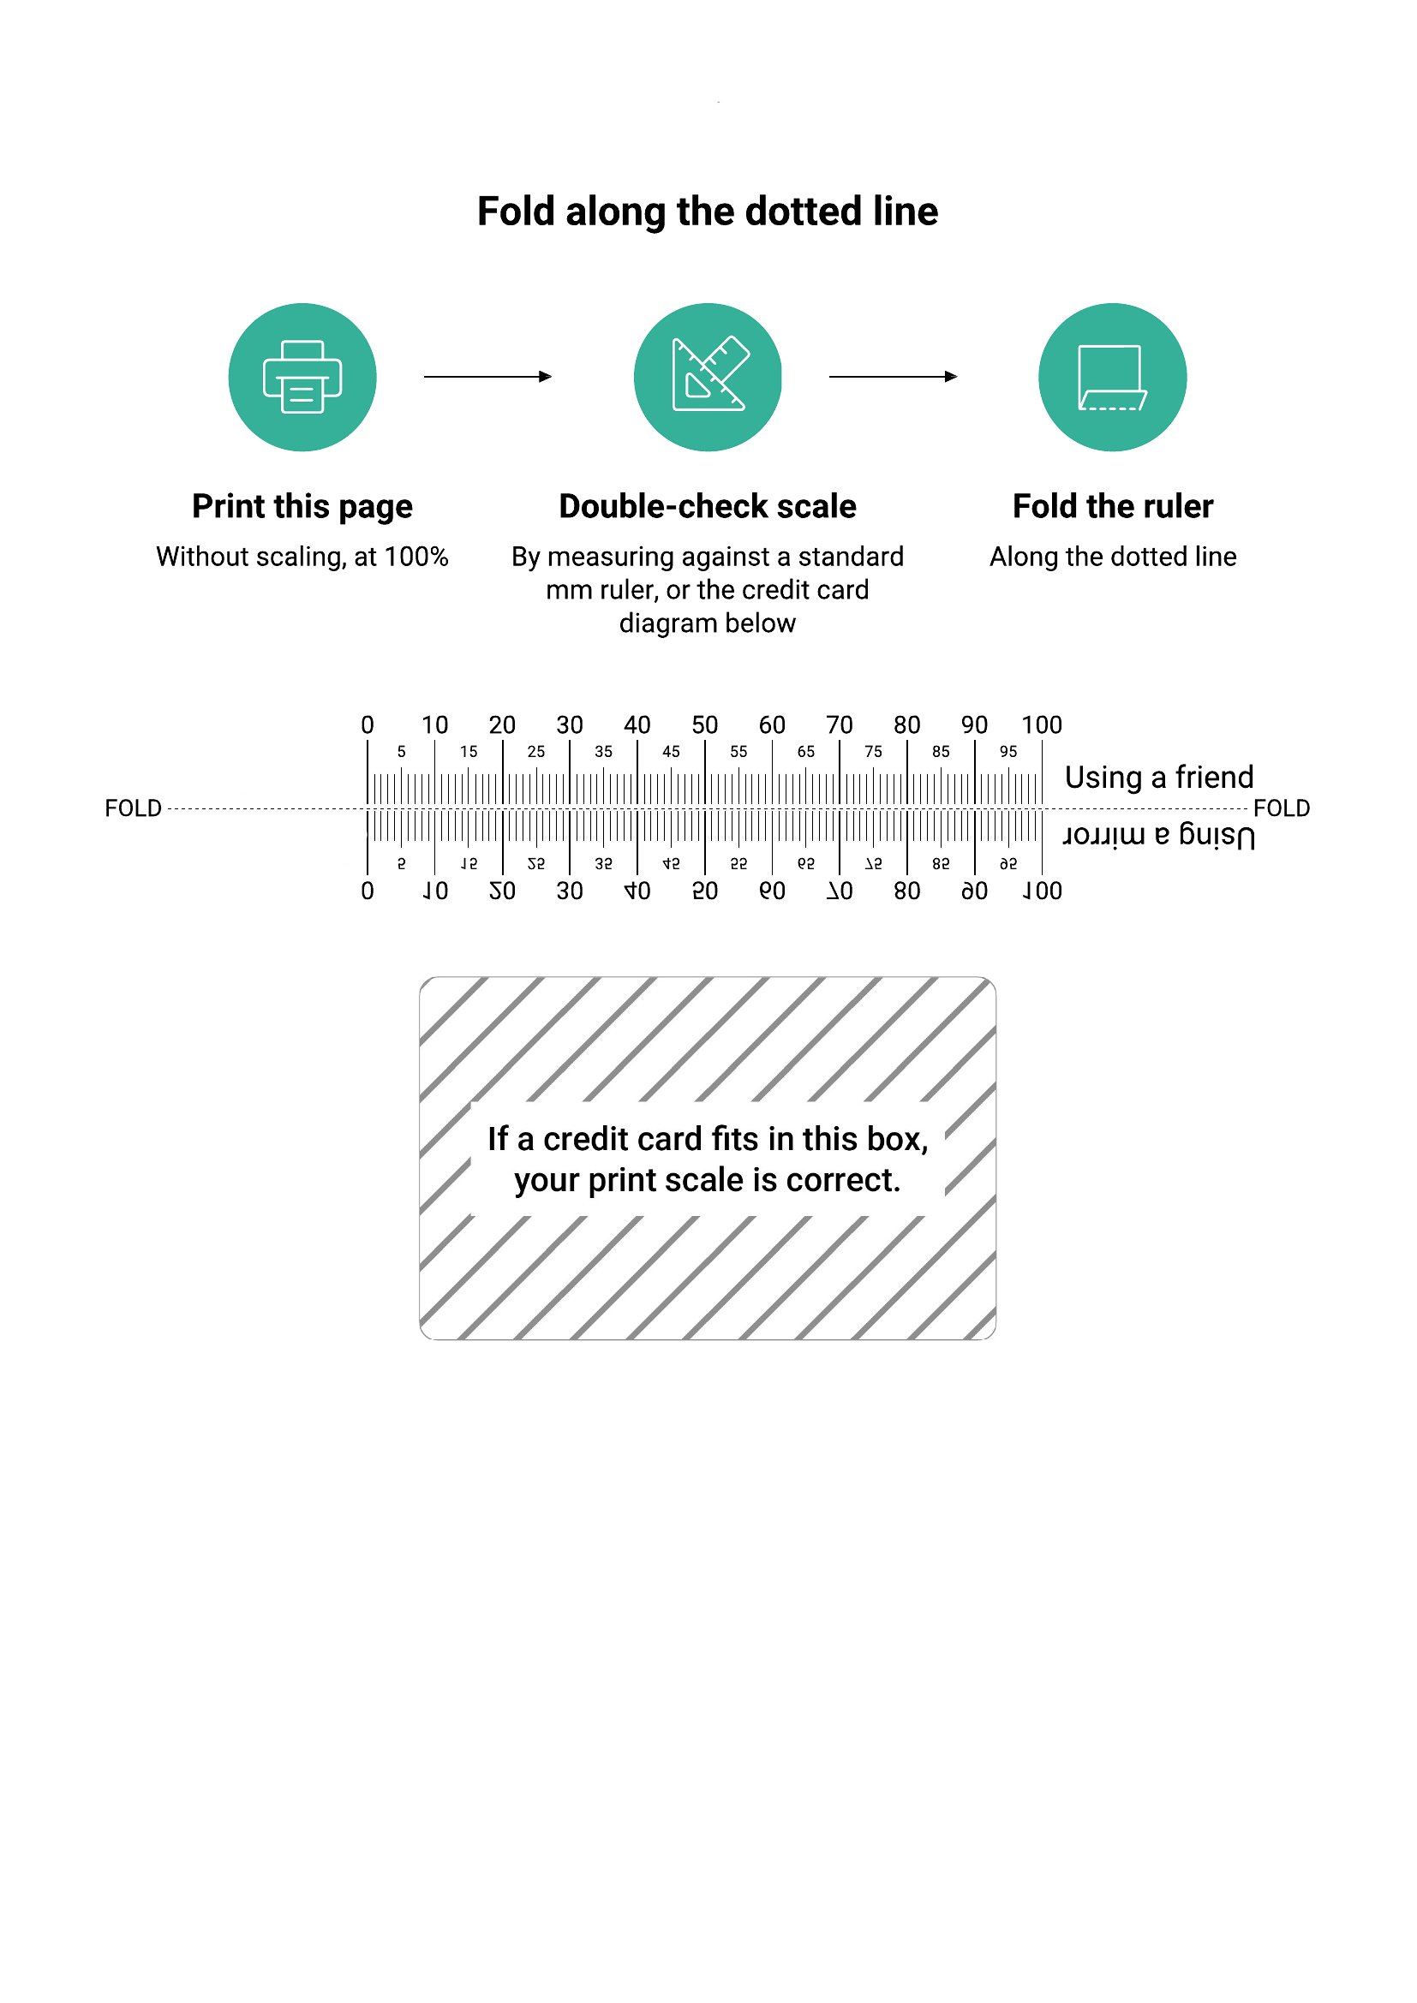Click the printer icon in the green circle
[x=302, y=376]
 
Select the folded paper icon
[x=1113, y=378]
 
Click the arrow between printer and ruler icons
[x=487, y=376]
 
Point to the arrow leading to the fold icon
[x=893, y=376]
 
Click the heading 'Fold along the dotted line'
[x=708, y=212]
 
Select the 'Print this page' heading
[x=302, y=507]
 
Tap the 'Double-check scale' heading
[x=708, y=506]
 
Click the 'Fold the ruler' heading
[x=1113, y=506]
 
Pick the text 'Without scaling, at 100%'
[x=302, y=557]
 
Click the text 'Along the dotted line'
[x=1113, y=557]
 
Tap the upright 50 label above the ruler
[x=704, y=725]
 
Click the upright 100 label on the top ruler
[x=1042, y=725]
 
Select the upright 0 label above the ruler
[x=368, y=725]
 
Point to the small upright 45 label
[x=671, y=751]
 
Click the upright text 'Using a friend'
[x=1159, y=777]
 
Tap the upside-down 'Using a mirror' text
[x=1159, y=835]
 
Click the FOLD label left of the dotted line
[x=134, y=808]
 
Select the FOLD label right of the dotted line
[x=1282, y=808]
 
